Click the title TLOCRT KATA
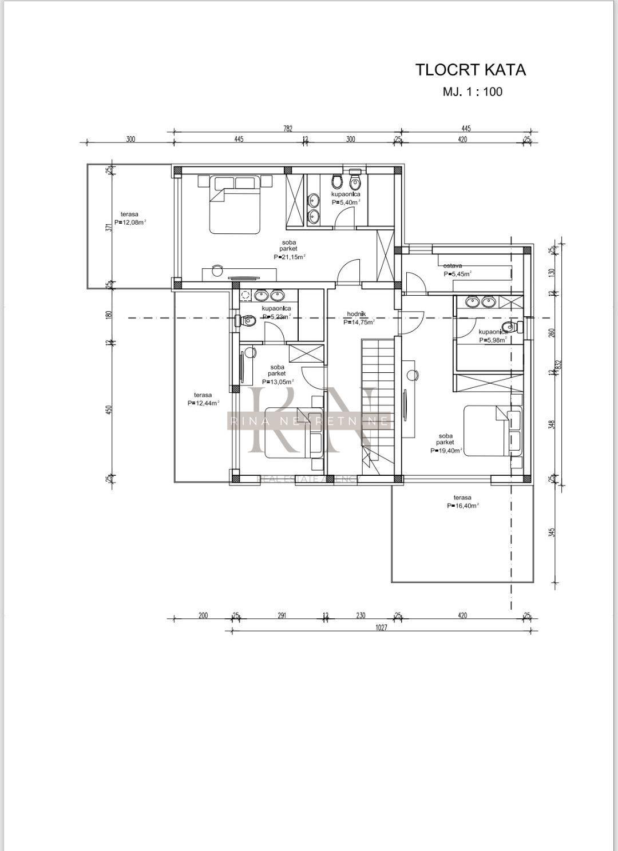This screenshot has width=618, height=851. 470,70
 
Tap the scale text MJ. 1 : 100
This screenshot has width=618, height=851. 472,92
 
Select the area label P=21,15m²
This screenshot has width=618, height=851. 289,257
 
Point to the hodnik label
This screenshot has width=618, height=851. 356,314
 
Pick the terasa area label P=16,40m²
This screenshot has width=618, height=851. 462,506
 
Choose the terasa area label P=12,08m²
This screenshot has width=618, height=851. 130,222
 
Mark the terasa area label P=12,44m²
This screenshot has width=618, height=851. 203,403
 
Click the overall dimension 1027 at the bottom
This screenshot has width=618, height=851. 382,628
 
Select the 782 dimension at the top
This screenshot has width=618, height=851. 287,129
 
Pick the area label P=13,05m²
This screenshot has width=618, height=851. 278,382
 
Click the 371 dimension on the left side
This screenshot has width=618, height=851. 108,227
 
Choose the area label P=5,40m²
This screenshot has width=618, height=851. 346,202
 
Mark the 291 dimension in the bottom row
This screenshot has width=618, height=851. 282,616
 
